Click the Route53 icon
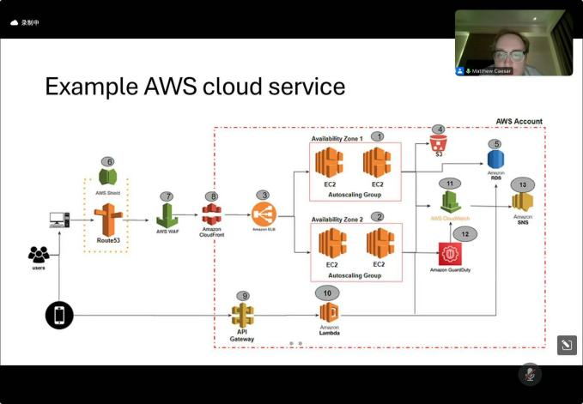click(108, 220)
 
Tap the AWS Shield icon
click(107, 178)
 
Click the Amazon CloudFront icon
click(211, 214)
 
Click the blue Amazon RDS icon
click(495, 160)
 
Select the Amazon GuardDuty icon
click(450, 255)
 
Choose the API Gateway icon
click(242, 315)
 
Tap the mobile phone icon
click(58, 316)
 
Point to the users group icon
click(39, 255)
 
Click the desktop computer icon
click(59, 220)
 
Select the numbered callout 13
click(522, 184)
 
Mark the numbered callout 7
click(167, 196)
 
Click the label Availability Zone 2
click(337, 218)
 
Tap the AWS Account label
click(519, 122)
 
